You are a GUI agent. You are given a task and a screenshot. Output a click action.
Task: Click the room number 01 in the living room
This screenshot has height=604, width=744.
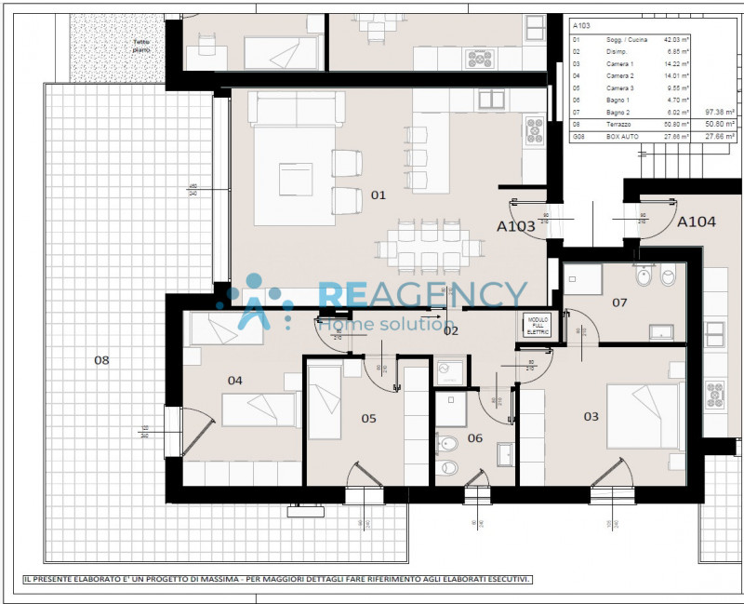coord(378,195)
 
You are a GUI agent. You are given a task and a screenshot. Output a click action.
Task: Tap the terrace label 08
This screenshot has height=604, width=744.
coord(101,359)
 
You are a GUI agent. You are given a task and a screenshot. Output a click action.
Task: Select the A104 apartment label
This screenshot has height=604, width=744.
coord(696,222)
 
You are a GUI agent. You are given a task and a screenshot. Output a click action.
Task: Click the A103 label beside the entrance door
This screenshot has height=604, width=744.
coord(516,226)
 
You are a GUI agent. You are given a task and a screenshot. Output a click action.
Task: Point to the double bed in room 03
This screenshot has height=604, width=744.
coord(643,415)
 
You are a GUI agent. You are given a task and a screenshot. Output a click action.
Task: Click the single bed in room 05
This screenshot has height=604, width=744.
coord(325,399)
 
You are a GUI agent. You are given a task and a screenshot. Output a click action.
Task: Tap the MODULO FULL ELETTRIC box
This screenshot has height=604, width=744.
coord(538,325)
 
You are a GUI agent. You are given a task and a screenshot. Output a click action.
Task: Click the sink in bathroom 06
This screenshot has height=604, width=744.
coord(506,454)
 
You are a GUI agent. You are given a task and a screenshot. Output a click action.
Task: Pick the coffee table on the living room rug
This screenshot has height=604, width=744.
coord(296,179)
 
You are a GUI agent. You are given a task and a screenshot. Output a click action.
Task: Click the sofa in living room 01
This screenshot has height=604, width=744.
coord(295,110)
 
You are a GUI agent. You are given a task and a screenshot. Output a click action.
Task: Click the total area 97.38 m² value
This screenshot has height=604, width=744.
coord(720,111)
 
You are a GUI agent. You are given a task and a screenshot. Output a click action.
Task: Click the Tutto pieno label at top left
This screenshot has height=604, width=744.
coord(140,45)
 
